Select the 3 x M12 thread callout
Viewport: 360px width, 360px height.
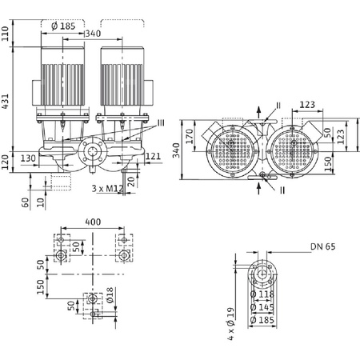(106, 190)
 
